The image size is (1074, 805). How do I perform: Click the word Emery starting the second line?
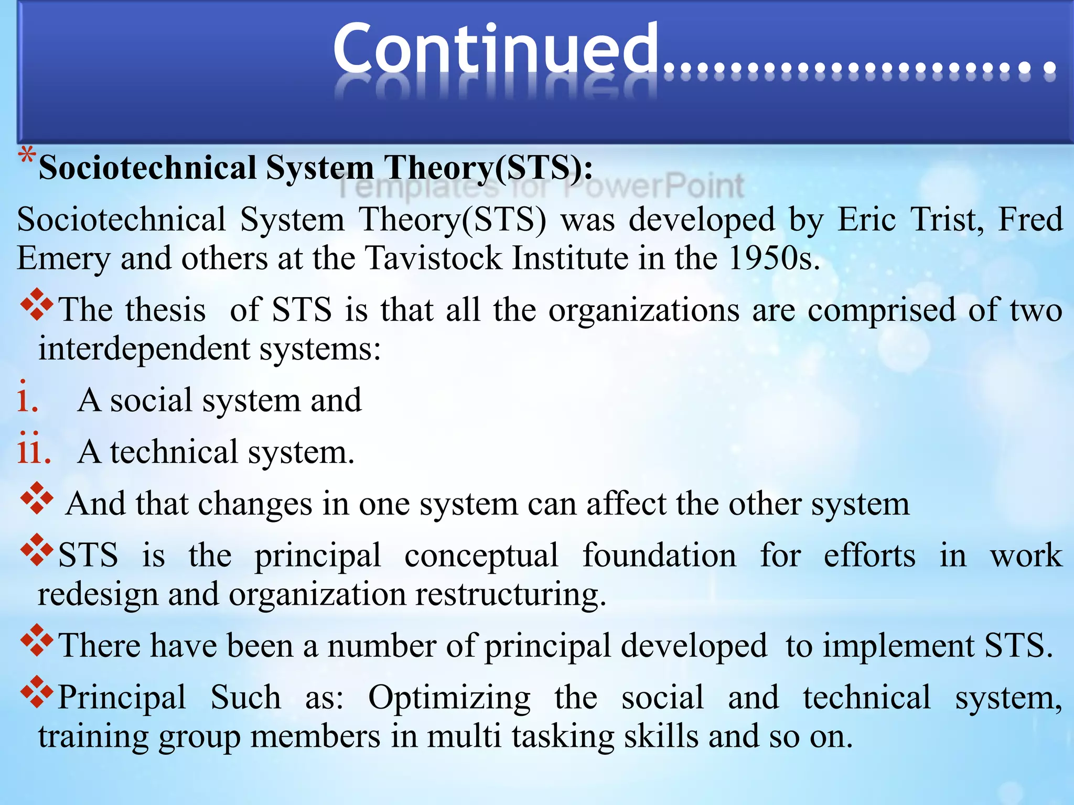(x=63, y=259)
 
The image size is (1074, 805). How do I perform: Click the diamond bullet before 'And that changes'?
(x=37, y=498)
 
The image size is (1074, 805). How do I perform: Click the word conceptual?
(x=481, y=555)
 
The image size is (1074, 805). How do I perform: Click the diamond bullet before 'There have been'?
(x=37, y=640)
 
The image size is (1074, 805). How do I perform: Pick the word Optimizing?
(x=449, y=698)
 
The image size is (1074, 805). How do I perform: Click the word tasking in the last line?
(x=563, y=736)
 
